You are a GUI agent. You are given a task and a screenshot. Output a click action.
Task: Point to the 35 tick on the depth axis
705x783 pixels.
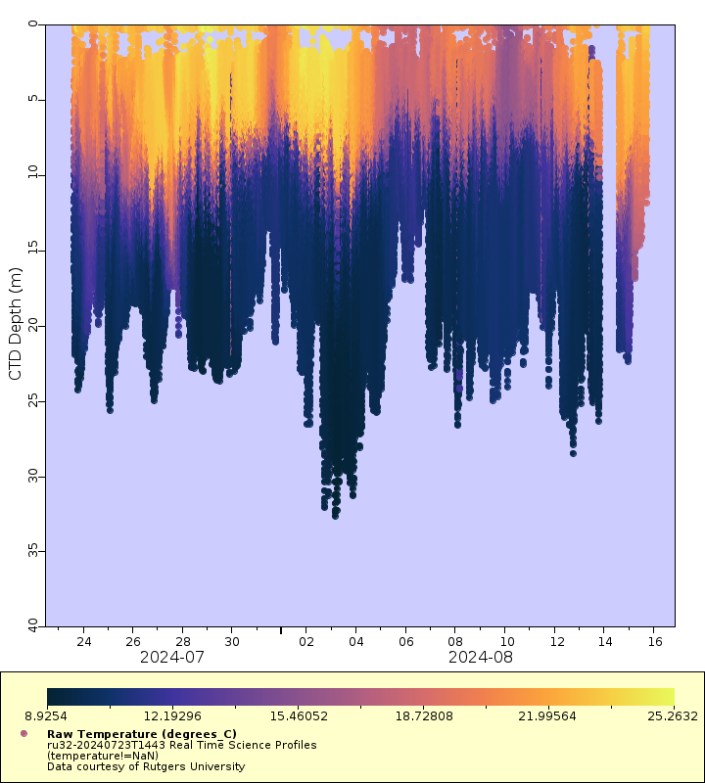pyautogui.click(x=35, y=551)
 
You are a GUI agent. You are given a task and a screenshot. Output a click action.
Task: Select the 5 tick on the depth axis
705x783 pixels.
pyautogui.click(x=35, y=99)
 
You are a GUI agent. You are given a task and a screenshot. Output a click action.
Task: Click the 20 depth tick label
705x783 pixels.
pyautogui.click(x=35, y=325)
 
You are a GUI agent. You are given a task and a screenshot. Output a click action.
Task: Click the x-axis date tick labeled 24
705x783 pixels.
pyautogui.click(x=83, y=642)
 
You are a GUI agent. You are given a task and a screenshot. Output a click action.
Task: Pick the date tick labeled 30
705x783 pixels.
pyautogui.click(x=232, y=642)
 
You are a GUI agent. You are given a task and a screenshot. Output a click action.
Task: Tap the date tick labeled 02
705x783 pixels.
pyautogui.click(x=305, y=642)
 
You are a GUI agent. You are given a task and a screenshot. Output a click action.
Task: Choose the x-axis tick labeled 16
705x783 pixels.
pyautogui.click(x=654, y=642)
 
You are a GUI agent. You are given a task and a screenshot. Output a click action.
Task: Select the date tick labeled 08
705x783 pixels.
pyautogui.click(x=454, y=642)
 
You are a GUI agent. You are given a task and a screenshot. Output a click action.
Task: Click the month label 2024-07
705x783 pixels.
pyautogui.click(x=172, y=658)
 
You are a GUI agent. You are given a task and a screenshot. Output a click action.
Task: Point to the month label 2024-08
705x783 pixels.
pyautogui.click(x=481, y=658)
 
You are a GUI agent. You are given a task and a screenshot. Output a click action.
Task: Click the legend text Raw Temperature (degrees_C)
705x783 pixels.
pyautogui.click(x=142, y=734)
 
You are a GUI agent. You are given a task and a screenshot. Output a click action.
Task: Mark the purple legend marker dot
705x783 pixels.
pyautogui.click(x=23, y=733)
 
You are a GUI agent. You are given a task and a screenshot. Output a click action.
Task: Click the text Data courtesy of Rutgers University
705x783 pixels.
pyautogui.click(x=146, y=766)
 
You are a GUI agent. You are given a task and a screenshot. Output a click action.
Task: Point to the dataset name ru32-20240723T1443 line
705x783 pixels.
pyautogui.click(x=181, y=745)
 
